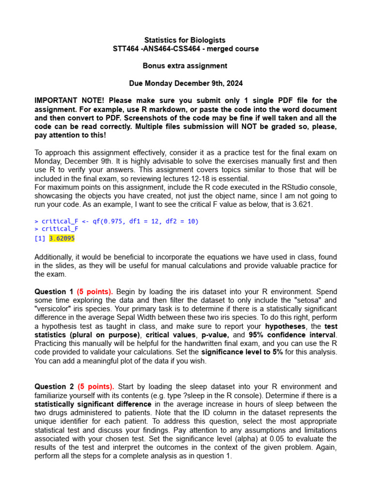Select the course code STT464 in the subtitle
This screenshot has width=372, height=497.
[x=124, y=49]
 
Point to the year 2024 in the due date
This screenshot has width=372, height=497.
[x=232, y=83]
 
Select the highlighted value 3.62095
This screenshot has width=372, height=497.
[x=62, y=238]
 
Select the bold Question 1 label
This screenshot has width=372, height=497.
[x=54, y=292]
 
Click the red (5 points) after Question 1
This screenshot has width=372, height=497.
[x=95, y=292]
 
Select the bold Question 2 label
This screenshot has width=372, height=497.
[x=54, y=386]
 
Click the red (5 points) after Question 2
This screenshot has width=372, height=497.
[x=95, y=386]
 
